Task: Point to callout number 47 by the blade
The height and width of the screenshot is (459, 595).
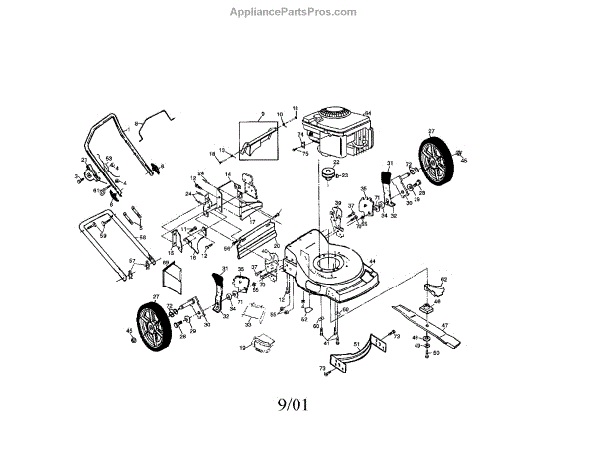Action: [445, 324]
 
